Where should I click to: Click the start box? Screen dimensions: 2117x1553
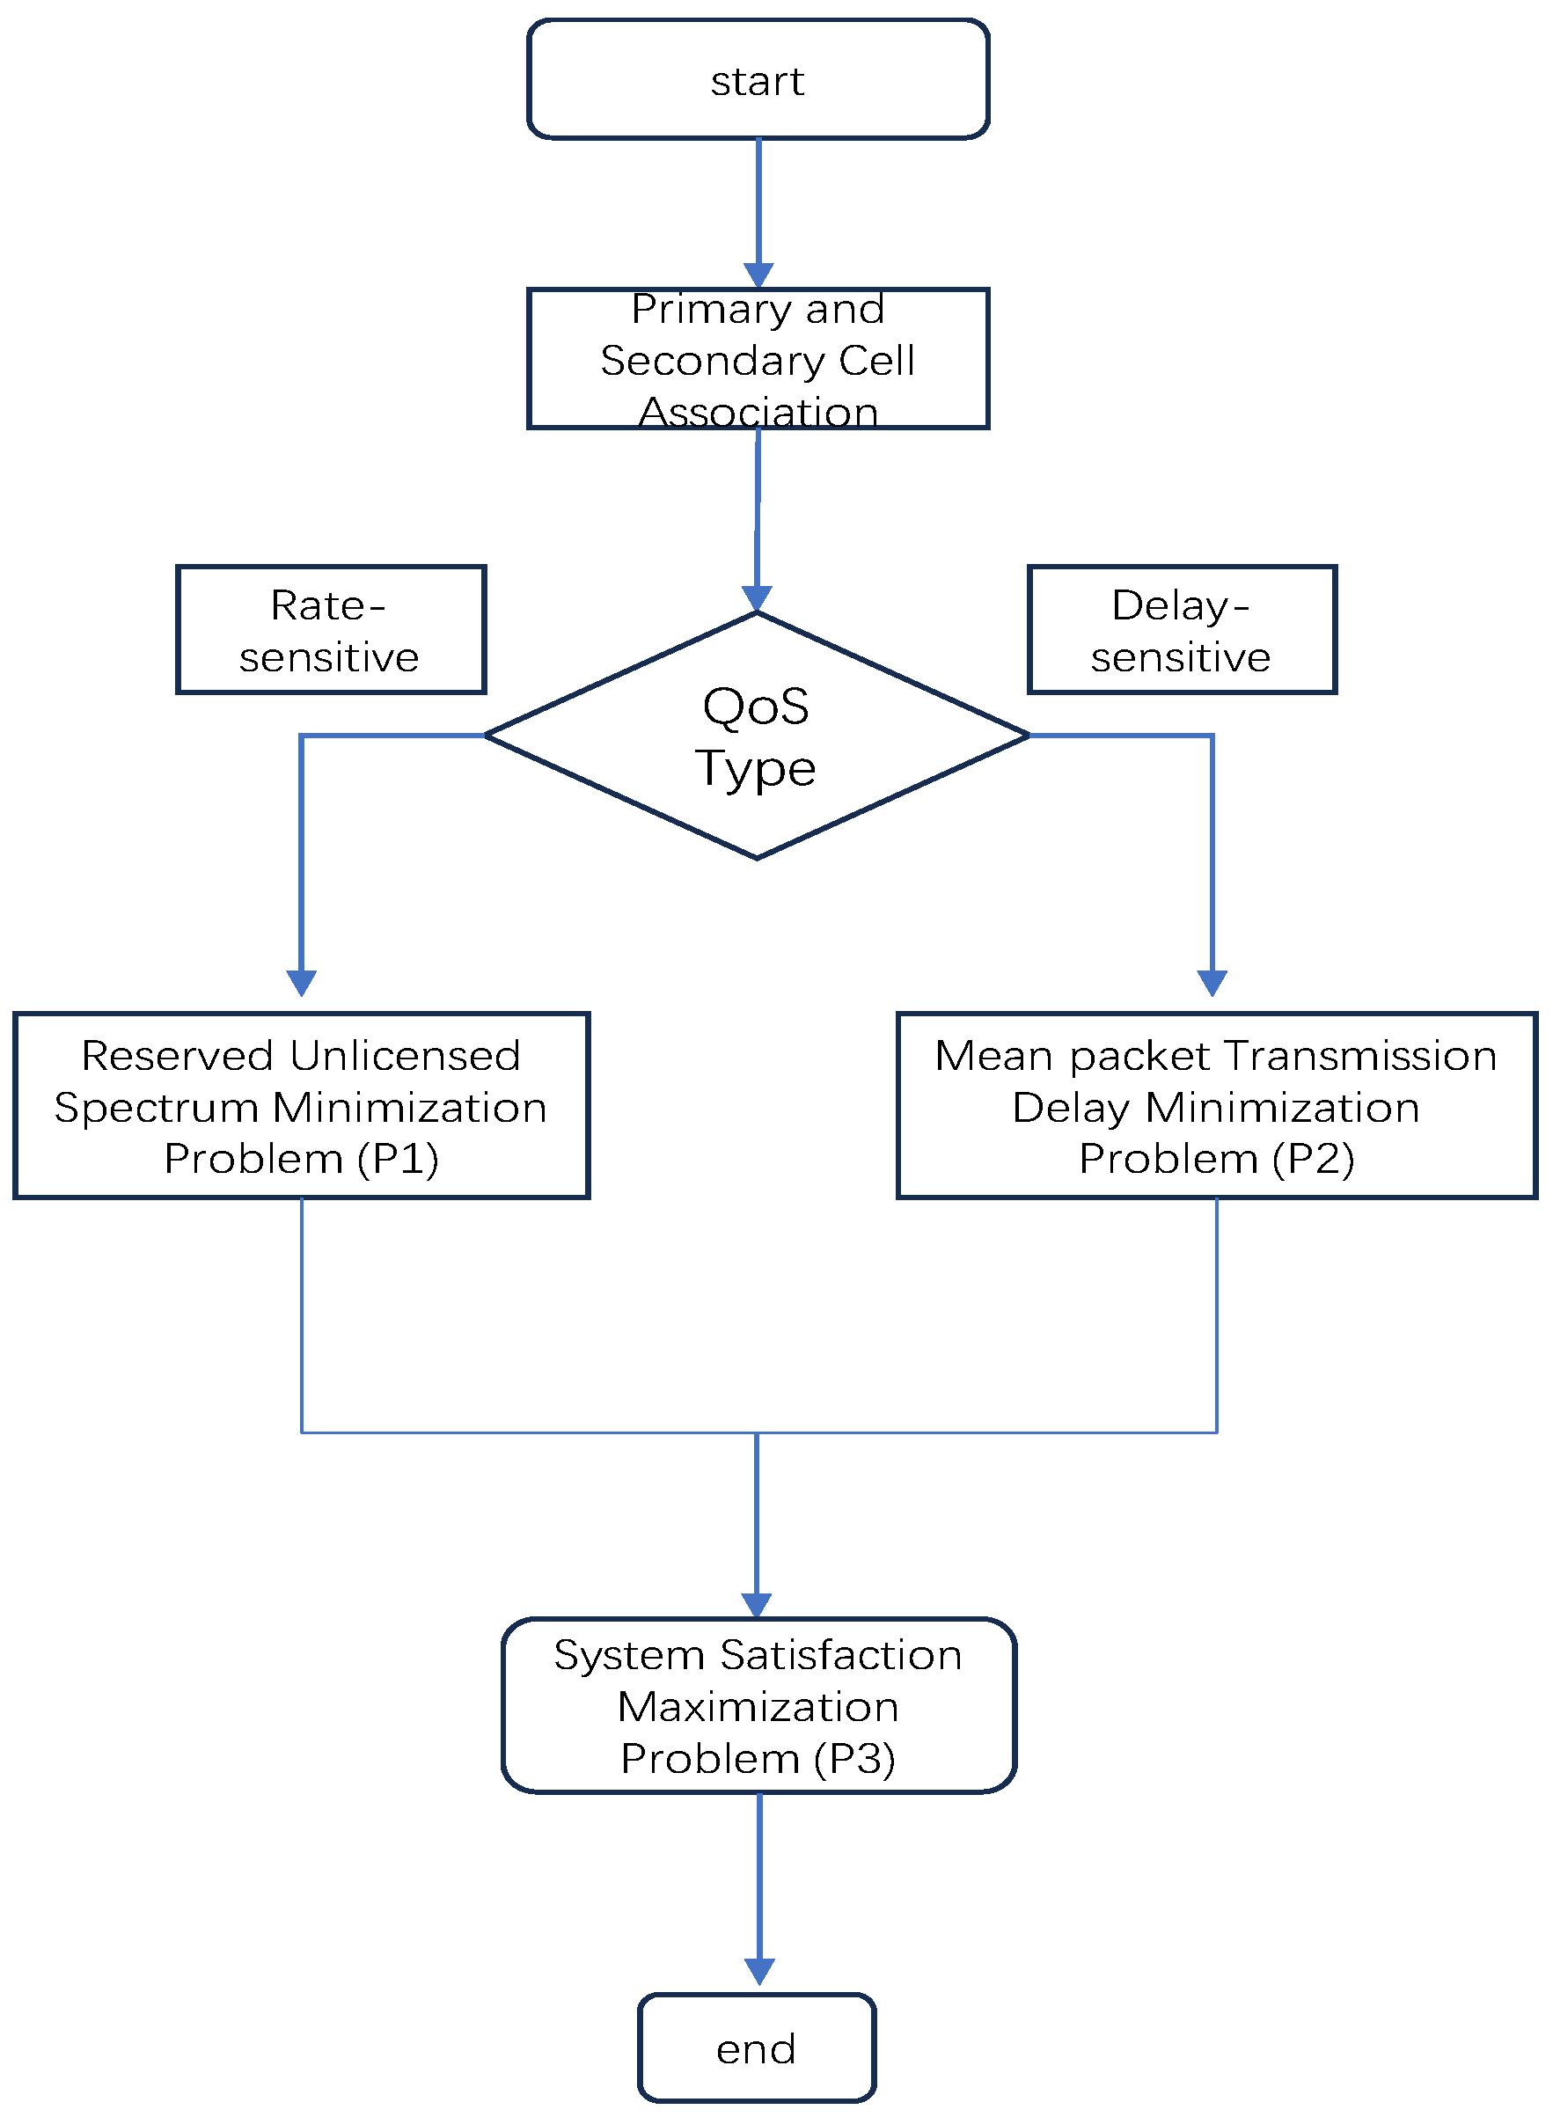758,80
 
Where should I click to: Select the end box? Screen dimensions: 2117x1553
757,2048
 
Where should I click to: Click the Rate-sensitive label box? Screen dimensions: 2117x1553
331,630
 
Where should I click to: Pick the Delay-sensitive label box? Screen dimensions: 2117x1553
1182,630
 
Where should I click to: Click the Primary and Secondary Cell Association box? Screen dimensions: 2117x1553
758,359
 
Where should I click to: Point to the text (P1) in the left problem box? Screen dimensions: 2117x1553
398,1159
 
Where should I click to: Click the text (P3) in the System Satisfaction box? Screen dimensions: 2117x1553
854,1759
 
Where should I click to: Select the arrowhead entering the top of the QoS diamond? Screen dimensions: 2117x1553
757,599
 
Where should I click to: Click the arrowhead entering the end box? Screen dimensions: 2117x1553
759,1971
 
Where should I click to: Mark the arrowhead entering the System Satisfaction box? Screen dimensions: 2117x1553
757,1606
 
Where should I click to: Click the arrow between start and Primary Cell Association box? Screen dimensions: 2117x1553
758,211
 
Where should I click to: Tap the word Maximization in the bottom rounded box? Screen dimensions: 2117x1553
758,1707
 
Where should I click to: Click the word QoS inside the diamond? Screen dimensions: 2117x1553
756,707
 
